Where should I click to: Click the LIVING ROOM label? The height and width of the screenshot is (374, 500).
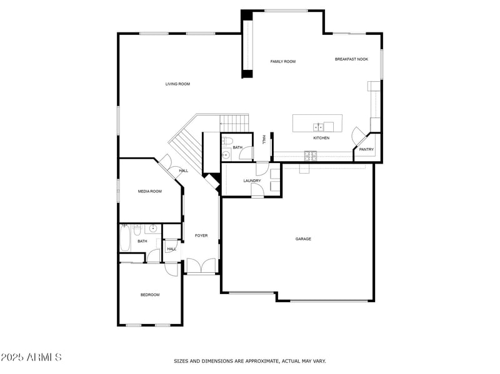pos(177,84)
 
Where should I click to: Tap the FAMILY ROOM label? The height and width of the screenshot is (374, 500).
pos(282,61)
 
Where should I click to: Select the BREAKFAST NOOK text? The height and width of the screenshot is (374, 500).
pos(351,59)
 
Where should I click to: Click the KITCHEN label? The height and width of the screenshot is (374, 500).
pos(321,138)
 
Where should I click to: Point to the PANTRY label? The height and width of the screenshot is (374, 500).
pos(366,149)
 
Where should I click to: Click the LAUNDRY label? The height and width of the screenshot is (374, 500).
pos(252,181)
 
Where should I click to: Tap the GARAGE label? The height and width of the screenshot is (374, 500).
pos(303,239)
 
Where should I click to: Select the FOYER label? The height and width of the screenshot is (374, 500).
pos(201,235)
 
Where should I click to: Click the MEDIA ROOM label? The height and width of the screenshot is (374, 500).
pos(150,191)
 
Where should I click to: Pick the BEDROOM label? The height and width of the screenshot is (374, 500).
pos(150,295)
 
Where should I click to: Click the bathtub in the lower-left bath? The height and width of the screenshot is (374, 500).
pos(125,238)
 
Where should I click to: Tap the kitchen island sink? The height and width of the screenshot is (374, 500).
pos(318,127)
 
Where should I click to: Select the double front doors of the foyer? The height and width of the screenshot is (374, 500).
pos(201,267)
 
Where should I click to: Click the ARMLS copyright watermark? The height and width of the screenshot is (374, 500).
pos(31,357)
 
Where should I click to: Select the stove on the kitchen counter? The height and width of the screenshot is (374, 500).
pos(309,154)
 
